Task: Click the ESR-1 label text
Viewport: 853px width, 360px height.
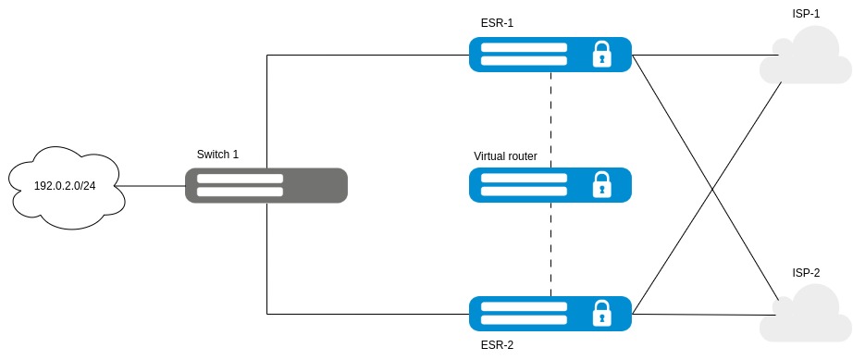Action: [x=497, y=23]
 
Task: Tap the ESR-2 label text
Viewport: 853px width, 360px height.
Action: [x=497, y=345]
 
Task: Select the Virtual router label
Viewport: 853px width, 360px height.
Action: [x=505, y=156]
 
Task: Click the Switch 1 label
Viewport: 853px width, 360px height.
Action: [x=217, y=155]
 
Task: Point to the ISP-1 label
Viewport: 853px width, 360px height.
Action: [x=806, y=14]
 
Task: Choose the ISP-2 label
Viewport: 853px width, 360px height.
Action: [x=806, y=273]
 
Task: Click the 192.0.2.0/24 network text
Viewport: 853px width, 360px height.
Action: [x=65, y=186]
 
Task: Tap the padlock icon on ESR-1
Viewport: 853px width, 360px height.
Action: [x=601, y=55]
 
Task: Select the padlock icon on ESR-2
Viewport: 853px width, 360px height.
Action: [x=601, y=313]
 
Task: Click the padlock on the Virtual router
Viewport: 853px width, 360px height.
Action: [x=601, y=184]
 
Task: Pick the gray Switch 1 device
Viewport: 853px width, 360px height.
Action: [x=266, y=185]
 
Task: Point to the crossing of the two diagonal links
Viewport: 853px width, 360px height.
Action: [x=712, y=188]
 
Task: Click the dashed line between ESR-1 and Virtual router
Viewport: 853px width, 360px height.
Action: [x=550, y=119]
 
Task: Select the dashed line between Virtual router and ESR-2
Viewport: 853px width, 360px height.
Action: [x=550, y=249]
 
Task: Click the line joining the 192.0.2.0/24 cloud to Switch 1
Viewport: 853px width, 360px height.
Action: [x=150, y=186]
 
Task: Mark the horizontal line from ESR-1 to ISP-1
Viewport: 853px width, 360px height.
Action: [x=703, y=55]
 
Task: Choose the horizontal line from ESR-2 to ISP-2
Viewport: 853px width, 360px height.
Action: [x=703, y=314]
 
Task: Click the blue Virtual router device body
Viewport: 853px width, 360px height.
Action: [x=550, y=185]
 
